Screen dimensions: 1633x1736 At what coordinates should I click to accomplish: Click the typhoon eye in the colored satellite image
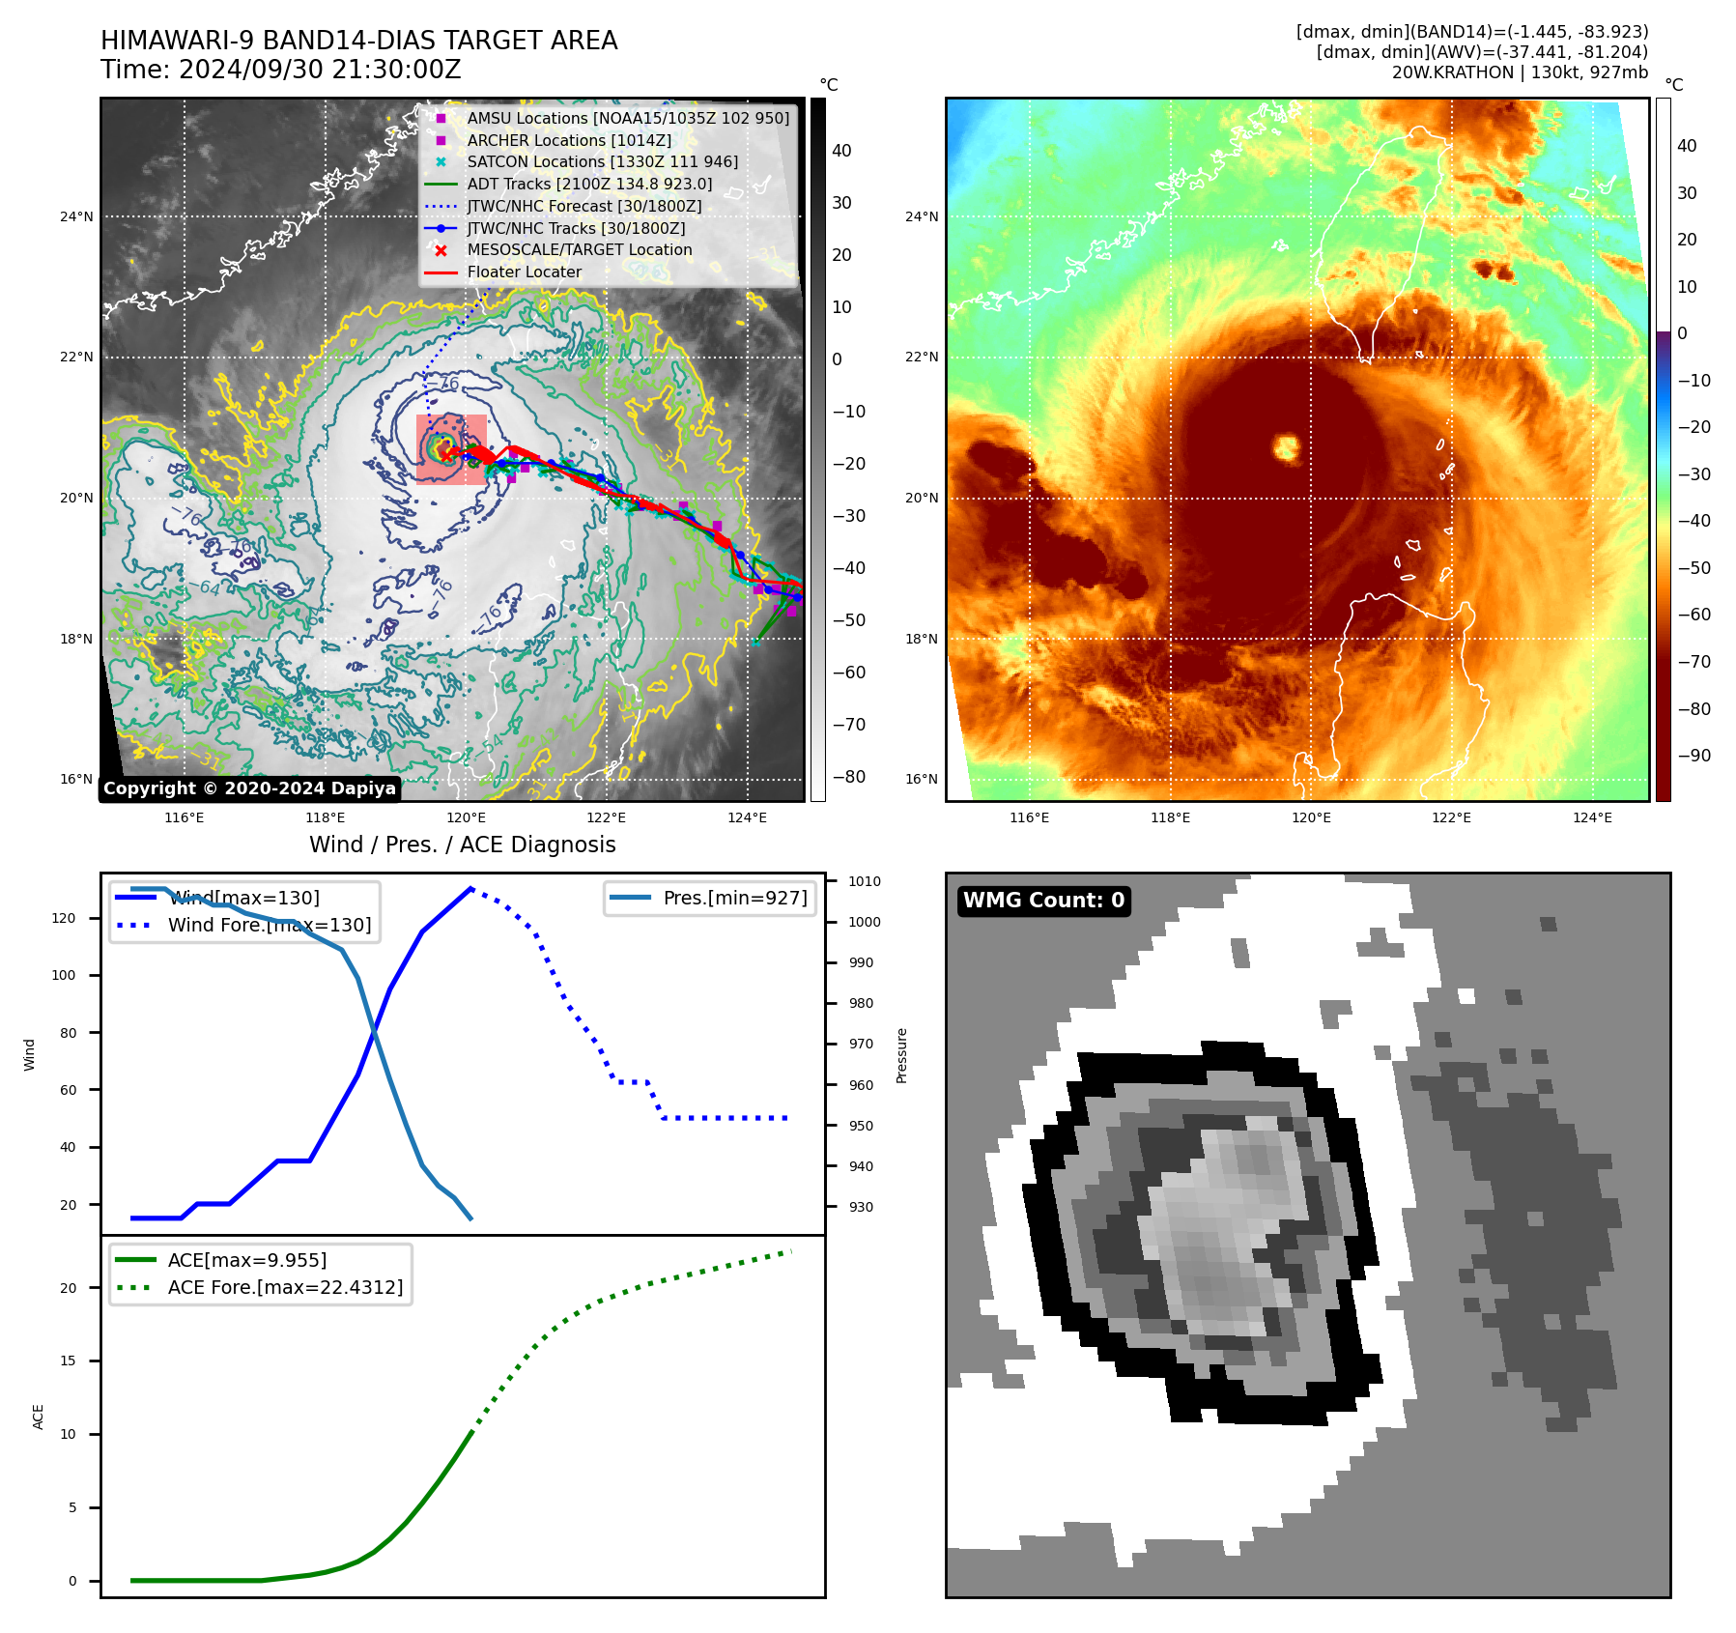click(x=1286, y=447)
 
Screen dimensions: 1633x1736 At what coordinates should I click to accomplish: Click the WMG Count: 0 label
click(x=1043, y=901)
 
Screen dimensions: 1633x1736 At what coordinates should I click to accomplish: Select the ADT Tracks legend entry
click(x=589, y=184)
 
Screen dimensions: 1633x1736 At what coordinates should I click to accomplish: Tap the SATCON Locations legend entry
click(x=602, y=161)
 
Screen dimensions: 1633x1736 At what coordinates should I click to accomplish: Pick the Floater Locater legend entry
click(x=524, y=272)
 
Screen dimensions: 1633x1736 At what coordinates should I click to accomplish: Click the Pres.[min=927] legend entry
click(x=734, y=898)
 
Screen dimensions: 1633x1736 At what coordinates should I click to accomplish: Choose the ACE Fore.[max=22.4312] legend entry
click(x=285, y=1287)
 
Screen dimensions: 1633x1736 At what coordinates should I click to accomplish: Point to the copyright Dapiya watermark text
click(x=249, y=788)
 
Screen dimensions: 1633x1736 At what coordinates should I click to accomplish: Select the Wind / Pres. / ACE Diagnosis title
click(x=462, y=845)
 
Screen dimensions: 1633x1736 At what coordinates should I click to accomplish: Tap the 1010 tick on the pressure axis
click(x=864, y=881)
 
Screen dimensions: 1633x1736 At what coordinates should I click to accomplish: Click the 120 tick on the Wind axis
click(x=64, y=918)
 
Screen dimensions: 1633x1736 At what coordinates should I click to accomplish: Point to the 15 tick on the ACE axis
click(x=68, y=1361)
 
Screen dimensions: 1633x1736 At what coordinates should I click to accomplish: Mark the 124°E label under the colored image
click(x=1592, y=817)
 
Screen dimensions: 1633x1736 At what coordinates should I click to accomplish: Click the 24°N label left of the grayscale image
click(x=76, y=216)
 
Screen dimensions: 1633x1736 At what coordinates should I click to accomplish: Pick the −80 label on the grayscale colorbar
click(x=848, y=777)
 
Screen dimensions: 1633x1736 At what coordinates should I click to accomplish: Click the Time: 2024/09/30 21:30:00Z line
click(x=281, y=70)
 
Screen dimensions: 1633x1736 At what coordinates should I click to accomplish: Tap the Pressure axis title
click(x=901, y=1055)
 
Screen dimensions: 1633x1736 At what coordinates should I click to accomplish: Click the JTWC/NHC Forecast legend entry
click(x=583, y=206)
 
